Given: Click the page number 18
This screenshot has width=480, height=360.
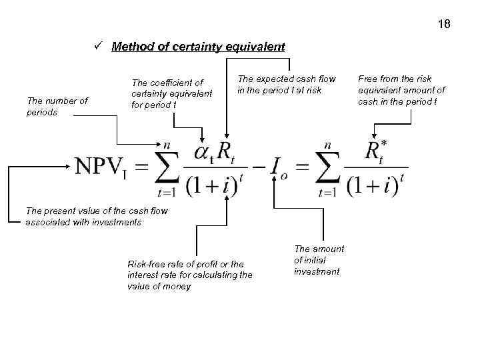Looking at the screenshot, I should (x=445, y=25).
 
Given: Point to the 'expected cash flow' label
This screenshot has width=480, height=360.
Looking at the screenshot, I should (x=287, y=84).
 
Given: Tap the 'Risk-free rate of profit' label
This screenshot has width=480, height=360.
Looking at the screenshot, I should (x=189, y=275).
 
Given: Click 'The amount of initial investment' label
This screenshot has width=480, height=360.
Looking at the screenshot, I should (x=319, y=260).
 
